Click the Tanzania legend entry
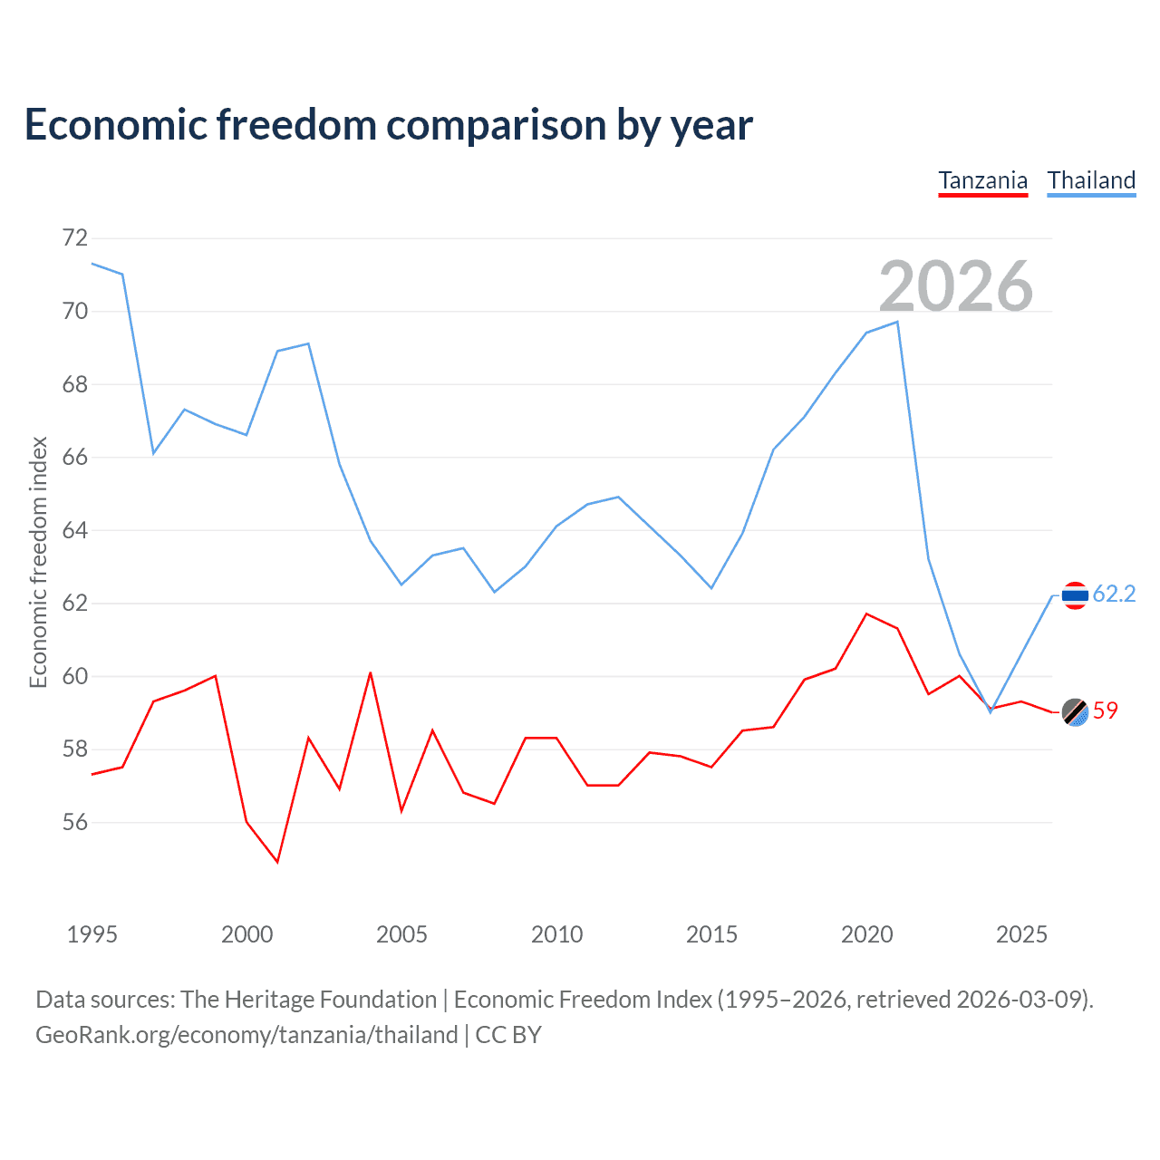click(982, 180)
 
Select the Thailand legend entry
click(1091, 180)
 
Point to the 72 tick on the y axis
click(75, 238)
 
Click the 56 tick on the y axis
click(75, 822)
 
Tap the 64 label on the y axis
click(75, 530)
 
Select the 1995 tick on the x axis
click(92, 934)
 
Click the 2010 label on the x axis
click(556, 934)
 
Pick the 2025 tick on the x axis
click(1021, 934)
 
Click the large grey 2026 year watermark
click(955, 286)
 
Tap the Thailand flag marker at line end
click(1075, 595)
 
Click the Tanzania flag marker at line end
click(1075, 713)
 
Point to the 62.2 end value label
click(1114, 594)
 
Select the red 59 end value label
click(1106, 711)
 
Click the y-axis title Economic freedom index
click(39, 562)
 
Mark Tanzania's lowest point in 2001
click(277, 862)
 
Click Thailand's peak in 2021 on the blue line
click(897, 322)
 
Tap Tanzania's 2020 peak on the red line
click(866, 614)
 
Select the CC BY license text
click(508, 1035)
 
